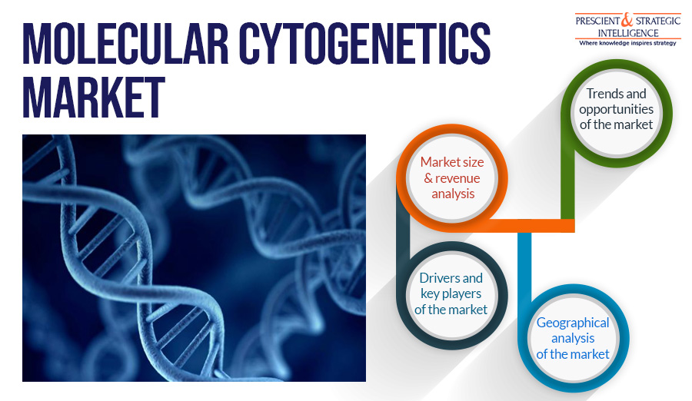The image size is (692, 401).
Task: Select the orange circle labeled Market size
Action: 451,178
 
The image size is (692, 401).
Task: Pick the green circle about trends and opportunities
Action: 619,108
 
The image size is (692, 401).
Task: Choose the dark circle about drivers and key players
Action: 451,293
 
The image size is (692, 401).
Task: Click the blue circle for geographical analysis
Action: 573,338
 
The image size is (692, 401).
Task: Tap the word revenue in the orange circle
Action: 457,178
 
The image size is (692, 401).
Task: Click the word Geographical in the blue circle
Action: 573,323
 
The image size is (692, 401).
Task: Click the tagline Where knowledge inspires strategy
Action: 627,43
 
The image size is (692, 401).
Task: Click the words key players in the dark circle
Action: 451,293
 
